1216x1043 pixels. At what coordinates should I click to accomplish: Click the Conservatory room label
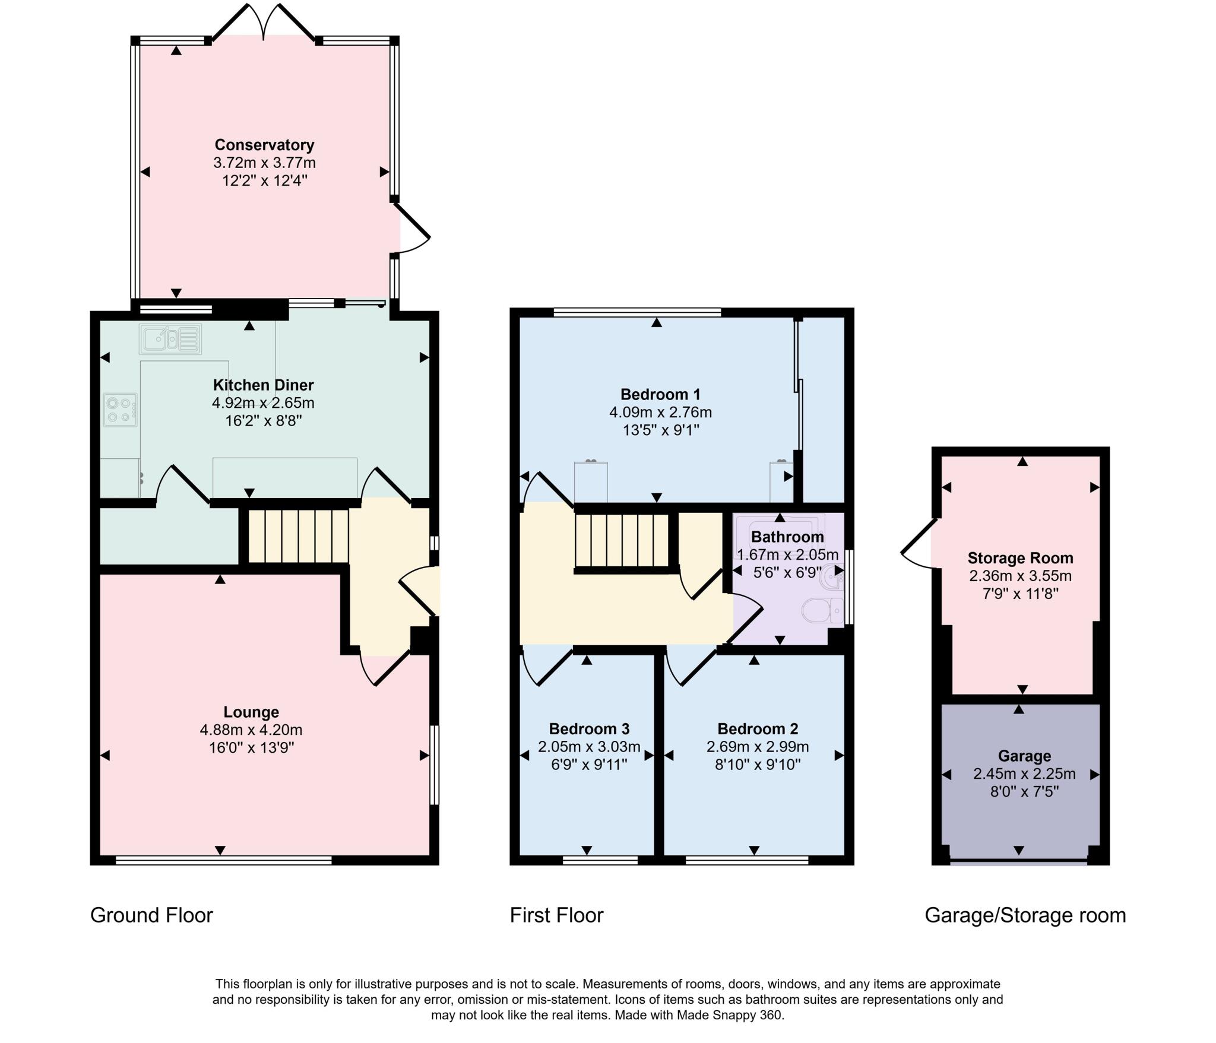click(264, 145)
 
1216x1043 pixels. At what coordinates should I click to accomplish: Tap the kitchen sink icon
click(170, 339)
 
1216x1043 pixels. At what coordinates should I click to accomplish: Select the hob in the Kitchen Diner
click(121, 410)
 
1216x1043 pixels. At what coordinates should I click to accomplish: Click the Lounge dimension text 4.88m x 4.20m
click(251, 730)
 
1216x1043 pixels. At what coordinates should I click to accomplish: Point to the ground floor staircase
click(297, 535)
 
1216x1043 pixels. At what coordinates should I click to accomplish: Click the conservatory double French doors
click(264, 24)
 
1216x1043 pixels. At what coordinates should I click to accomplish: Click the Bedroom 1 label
click(660, 394)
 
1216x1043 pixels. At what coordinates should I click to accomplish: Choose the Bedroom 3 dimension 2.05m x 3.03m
click(589, 746)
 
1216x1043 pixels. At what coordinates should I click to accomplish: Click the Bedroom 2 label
click(758, 728)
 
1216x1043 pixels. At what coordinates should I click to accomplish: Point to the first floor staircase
click(622, 540)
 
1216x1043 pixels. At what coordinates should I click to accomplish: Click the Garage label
click(1024, 756)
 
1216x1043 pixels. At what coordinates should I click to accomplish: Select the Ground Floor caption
click(151, 915)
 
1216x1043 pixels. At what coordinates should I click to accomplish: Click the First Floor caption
click(556, 915)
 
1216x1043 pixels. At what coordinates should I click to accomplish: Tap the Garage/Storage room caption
click(1025, 915)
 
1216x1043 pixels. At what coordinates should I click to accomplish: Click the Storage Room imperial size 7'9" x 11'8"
click(1020, 593)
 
